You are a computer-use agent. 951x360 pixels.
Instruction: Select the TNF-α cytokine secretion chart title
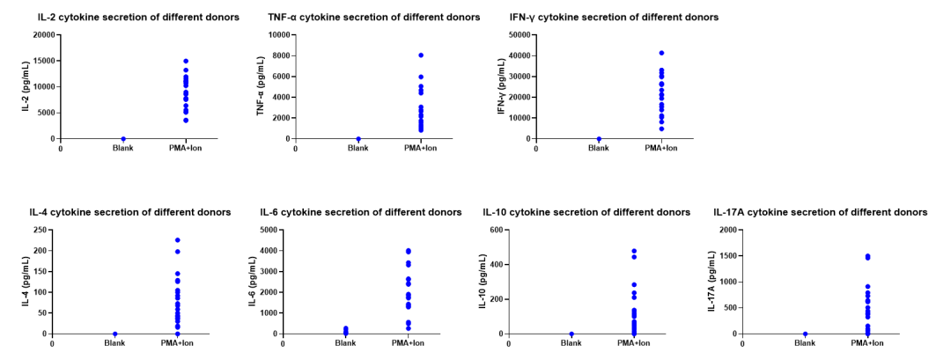point(374,18)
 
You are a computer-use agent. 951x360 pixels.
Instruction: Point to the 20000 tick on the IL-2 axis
point(41,35)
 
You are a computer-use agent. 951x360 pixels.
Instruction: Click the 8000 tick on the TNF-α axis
point(279,55)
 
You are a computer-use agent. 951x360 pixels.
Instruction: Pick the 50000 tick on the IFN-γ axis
point(517,35)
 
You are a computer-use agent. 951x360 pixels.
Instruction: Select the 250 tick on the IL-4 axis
point(39,230)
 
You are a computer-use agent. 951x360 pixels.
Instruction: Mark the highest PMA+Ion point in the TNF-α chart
point(421,55)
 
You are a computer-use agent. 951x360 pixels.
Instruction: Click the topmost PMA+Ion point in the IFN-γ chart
point(661,53)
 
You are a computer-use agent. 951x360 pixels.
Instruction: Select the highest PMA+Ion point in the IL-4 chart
point(177,240)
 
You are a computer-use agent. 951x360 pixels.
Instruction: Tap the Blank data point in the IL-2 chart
point(123,138)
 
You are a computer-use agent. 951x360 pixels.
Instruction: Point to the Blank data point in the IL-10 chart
point(571,334)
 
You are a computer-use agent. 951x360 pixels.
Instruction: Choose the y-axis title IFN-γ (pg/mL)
point(502,87)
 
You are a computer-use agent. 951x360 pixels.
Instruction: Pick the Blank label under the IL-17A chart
point(805,343)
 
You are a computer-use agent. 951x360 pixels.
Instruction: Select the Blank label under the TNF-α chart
point(358,148)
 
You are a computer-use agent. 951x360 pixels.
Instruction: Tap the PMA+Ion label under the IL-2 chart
point(186,148)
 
